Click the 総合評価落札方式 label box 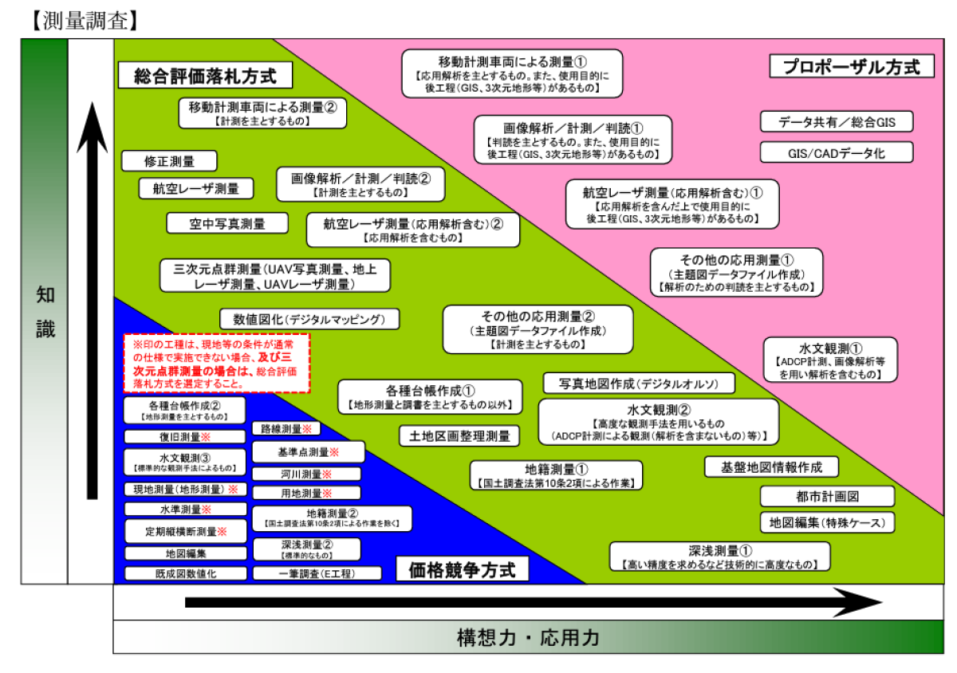pyautogui.click(x=205, y=77)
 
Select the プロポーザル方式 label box pyautogui.click(x=852, y=66)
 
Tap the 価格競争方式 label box pyautogui.click(x=462, y=569)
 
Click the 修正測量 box pyautogui.click(x=169, y=161)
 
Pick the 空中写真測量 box pyautogui.click(x=227, y=224)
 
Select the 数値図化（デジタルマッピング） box pyautogui.click(x=309, y=319)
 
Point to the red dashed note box pyautogui.click(x=216, y=363)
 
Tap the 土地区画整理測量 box pyautogui.click(x=459, y=436)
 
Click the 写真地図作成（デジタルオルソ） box pyautogui.click(x=640, y=384)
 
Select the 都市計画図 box pyautogui.click(x=826, y=497)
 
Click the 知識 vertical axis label pyautogui.click(x=45, y=312)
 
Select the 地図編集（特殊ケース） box pyautogui.click(x=826, y=523)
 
